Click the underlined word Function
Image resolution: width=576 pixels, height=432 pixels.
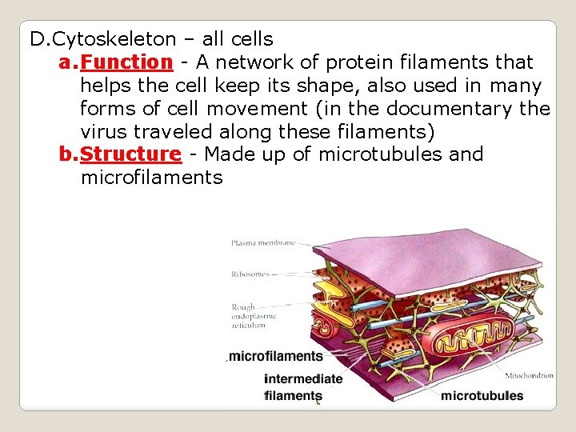tap(126, 62)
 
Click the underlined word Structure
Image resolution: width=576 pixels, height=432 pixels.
tap(131, 154)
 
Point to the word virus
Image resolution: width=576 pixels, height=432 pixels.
tap(103, 131)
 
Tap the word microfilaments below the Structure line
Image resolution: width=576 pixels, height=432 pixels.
tap(151, 177)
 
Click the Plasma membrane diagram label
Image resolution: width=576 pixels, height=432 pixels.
tap(262, 242)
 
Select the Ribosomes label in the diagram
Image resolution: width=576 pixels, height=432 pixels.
tap(250, 274)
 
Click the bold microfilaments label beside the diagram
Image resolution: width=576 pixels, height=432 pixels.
tap(276, 357)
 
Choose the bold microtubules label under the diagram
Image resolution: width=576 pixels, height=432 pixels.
tap(482, 395)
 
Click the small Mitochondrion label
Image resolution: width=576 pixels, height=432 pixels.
tap(529, 375)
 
